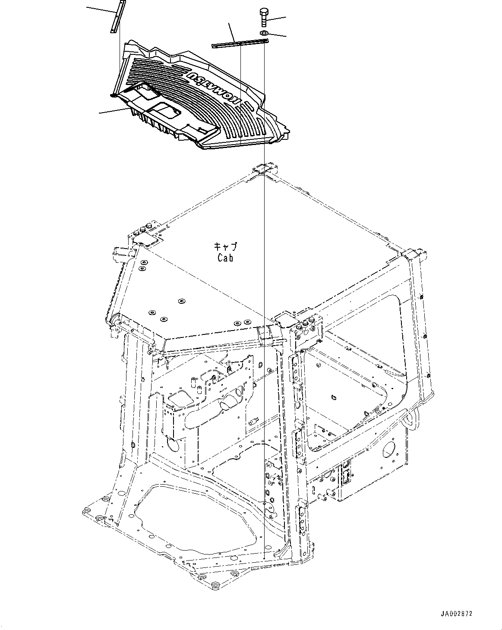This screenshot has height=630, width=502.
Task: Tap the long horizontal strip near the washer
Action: coord(240,42)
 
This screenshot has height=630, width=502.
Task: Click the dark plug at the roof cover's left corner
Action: coord(114,95)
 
